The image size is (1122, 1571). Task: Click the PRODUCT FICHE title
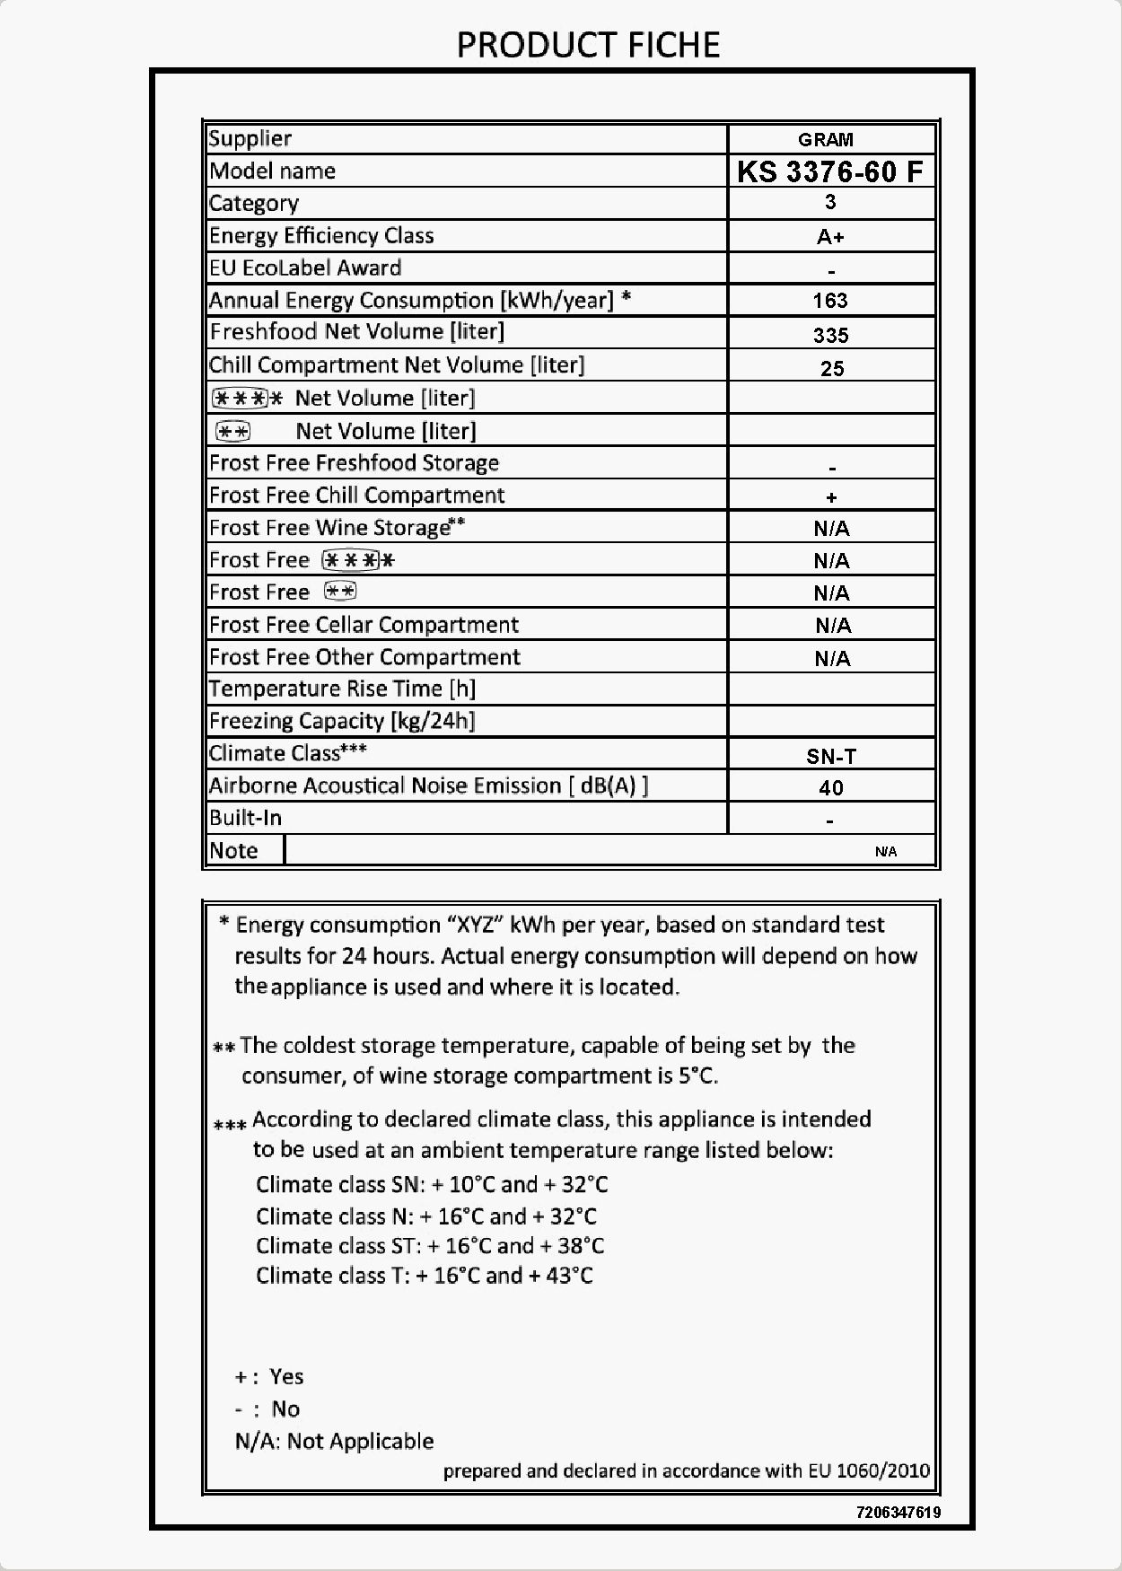588,45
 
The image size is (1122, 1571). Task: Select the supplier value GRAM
826,140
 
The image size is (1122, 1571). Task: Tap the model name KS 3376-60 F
829,171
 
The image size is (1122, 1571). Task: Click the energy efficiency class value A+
830,237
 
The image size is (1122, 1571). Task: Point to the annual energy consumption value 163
830,301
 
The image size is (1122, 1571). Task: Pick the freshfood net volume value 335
830,335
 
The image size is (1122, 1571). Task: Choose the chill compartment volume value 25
832,368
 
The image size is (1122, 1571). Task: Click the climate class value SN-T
831,756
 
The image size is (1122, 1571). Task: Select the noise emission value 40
831,788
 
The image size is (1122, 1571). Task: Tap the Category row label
254,204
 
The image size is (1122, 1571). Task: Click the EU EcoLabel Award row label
305,268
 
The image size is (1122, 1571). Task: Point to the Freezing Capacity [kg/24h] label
342,721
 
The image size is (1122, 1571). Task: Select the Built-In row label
245,818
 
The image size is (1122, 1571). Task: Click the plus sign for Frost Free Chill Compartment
832,497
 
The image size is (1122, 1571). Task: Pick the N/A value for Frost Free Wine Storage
831,529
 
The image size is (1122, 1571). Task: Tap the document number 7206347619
898,1512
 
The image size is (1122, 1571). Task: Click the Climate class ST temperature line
430,1246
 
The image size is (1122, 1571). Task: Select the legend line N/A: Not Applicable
334,1441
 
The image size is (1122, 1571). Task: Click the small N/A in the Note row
886,851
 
